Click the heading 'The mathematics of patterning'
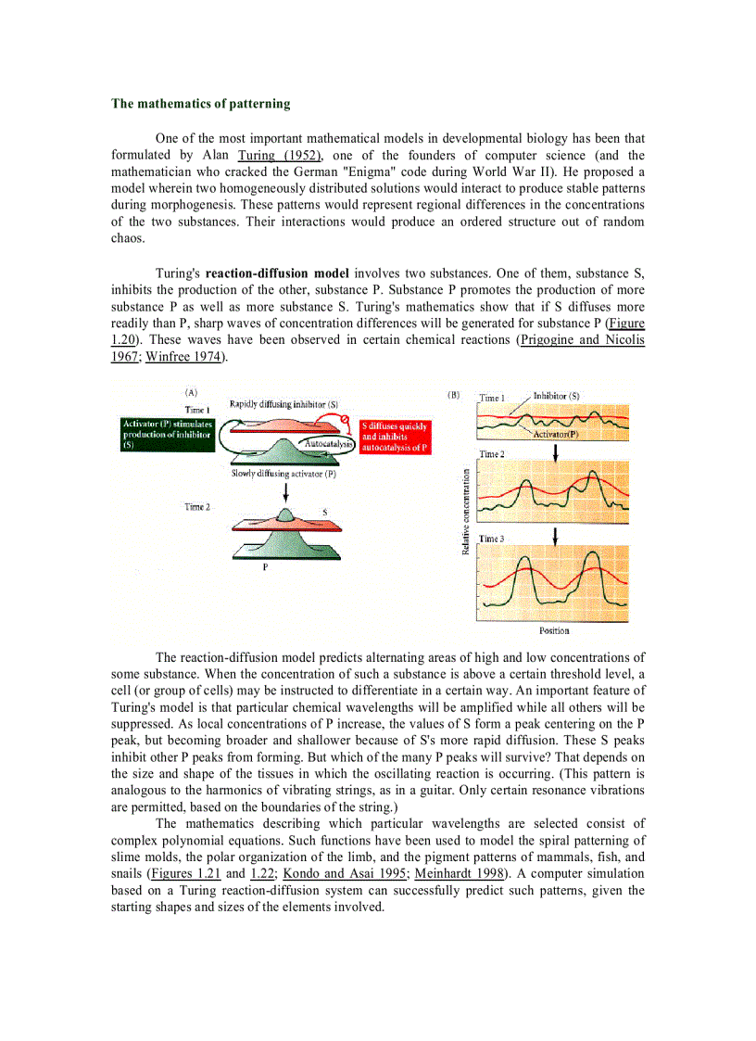200,104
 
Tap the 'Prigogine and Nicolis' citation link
582,340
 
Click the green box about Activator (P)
168,435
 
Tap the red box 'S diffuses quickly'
396,437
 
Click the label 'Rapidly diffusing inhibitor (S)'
283,404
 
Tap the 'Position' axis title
554,631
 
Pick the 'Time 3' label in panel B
492,539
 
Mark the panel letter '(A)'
191,393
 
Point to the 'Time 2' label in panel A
197,507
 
